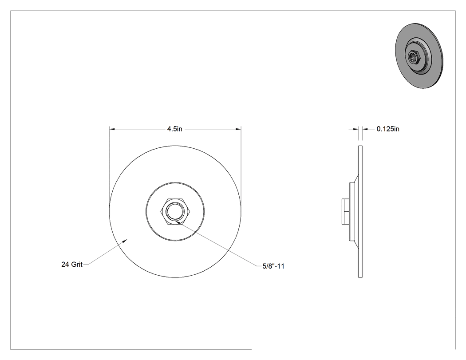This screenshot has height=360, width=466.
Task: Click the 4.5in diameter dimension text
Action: [175, 129]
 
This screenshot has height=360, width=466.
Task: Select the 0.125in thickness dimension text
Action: [388, 129]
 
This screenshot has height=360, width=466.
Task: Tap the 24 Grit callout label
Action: [71, 264]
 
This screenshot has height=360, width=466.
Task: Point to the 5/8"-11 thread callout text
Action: [273, 266]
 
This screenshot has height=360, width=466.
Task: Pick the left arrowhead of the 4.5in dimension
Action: [112, 129]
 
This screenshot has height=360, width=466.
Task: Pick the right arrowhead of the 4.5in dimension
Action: [238, 129]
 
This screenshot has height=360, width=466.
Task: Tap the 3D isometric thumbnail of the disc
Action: [419, 55]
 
